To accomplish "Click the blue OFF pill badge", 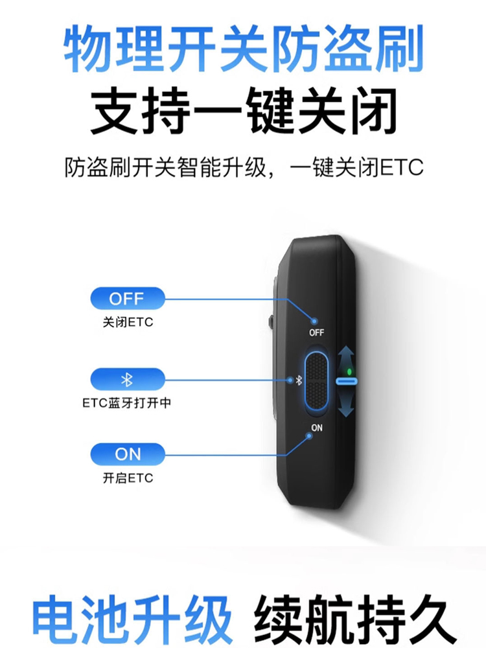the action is (x=127, y=299).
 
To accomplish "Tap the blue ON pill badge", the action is (x=127, y=454).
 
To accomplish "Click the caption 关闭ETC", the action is (x=128, y=323).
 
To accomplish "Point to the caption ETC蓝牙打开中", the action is (x=127, y=403).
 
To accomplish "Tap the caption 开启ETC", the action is (x=128, y=478).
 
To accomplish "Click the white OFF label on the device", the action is (x=316, y=333).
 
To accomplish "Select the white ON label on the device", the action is (x=316, y=428).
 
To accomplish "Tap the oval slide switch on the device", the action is (x=317, y=382).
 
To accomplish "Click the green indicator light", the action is (x=349, y=371).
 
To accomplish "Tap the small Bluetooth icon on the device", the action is (x=299, y=381).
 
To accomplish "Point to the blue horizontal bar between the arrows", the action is (x=347, y=382).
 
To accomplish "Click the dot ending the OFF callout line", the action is (x=315, y=321).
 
